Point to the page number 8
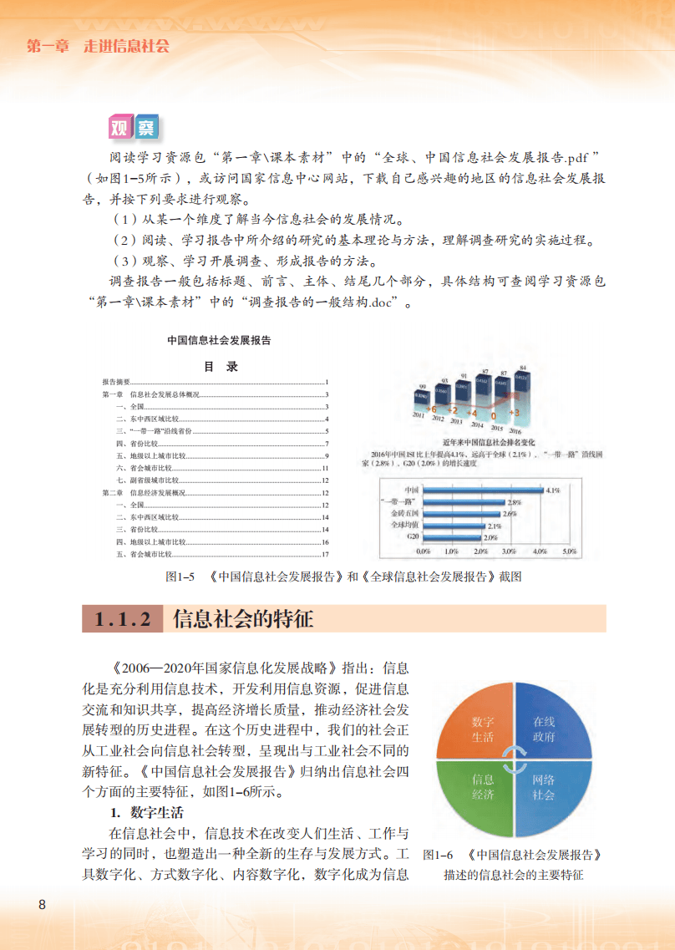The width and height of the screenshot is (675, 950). click(42, 906)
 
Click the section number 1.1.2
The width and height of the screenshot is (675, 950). click(122, 620)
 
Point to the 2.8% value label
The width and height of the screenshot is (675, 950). click(514, 502)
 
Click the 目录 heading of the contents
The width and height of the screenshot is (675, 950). click(221, 366)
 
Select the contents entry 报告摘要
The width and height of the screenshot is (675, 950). click(115, 381)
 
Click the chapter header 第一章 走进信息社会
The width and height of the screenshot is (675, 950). click(98, 46)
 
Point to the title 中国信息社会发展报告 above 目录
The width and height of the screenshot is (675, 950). click(219, 341)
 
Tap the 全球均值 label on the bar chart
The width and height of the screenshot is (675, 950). click(404, 526)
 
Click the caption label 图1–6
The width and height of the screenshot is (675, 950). click(438, 856)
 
